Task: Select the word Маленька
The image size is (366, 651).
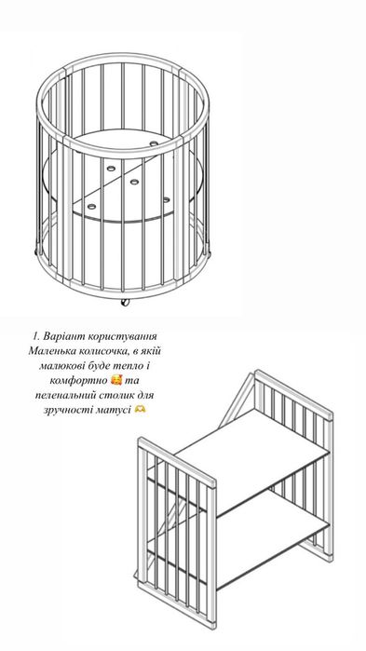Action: click(x=49, y=351)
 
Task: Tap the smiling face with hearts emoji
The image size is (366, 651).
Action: click(x=117, y=380)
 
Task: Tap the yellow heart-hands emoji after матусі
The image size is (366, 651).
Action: click(x=140, y=410)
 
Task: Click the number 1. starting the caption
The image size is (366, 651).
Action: click(x=36, y=336)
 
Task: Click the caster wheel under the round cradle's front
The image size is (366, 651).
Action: click(x=124, y=302)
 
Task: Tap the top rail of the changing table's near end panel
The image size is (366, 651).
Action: click(x=177, y=461)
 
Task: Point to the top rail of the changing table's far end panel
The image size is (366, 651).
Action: click(x=293, y=391)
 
